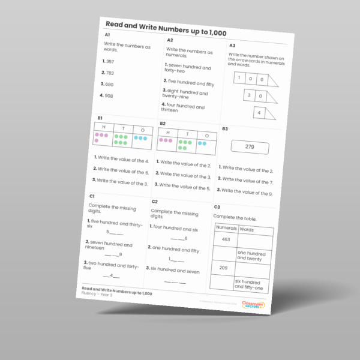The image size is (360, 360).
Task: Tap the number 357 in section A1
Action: click(110, 61)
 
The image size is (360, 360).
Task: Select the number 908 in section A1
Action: click(109, 95)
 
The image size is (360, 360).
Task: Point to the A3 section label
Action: click(232, 46)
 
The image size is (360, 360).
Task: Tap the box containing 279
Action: click(250, 147)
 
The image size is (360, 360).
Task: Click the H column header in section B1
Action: click(104, 127)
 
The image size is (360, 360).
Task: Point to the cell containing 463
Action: click(226, 239)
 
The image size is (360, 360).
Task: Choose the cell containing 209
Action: click(223, 268)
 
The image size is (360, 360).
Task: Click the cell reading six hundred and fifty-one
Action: click(249, 284)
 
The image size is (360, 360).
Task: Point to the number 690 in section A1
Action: click(109, 84)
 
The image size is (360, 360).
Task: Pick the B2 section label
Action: click(162, 124)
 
